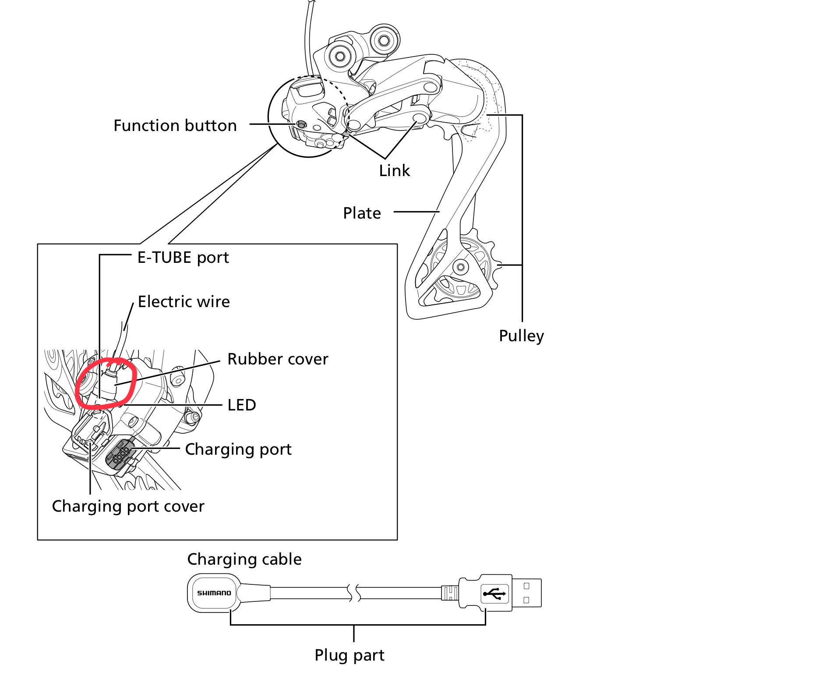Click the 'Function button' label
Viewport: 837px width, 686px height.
point(175,126)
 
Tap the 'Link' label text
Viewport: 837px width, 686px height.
point(394,171)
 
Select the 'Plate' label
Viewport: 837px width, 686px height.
point(362,213)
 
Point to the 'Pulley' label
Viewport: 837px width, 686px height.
point(521,336)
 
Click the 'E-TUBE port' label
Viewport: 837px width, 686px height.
point(183,258)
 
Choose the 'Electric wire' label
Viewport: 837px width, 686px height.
point(184,302)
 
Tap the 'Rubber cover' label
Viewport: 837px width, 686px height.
point(278,359)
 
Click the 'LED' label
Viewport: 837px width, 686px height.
point(242,405)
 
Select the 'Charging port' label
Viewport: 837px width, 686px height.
point(238,449)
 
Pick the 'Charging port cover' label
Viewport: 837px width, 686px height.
point(128,506)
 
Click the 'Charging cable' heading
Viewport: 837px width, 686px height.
point(244,559)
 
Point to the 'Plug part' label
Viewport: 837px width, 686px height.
point(349,655)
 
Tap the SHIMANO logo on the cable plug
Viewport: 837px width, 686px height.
point(214,593)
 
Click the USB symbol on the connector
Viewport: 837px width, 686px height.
point(494,594)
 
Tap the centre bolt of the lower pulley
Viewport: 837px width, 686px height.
point(461,266)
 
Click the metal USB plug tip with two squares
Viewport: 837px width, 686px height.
point(526,593)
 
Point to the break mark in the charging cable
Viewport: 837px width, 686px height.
point(354,593)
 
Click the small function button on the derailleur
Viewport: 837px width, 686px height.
point(301,124)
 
